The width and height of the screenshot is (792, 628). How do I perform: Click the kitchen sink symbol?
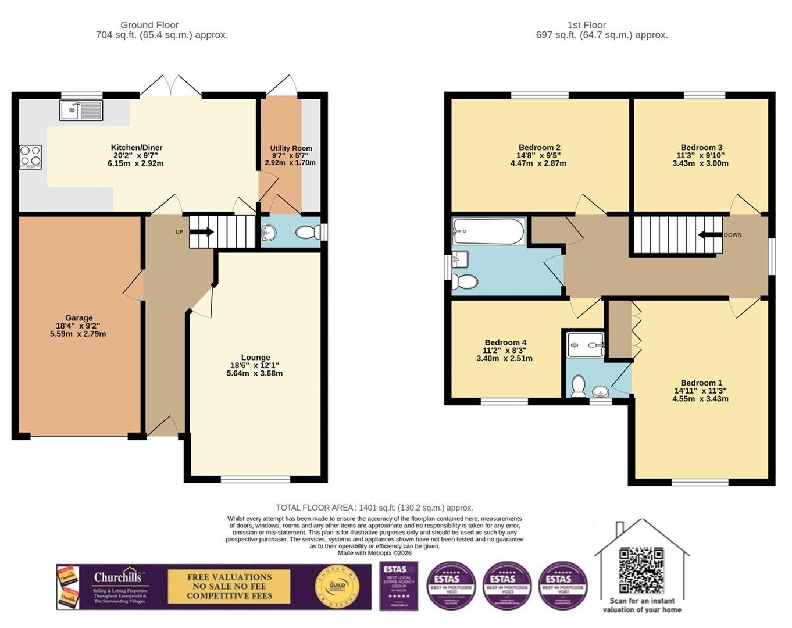(x=81, y=110)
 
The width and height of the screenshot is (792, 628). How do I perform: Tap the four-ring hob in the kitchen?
(x=30, y=156)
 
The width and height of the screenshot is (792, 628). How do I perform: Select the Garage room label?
(x=79, y=318)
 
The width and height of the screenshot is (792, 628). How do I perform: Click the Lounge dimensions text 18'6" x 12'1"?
(x=255, y=365)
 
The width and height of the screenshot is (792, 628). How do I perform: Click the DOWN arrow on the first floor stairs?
(x=710, y=235)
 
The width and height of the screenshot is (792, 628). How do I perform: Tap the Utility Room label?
(x=291, y=148)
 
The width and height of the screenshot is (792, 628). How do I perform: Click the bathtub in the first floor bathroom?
(x=488, y=231)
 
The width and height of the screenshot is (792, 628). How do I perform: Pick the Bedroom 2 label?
(x=539, y=148)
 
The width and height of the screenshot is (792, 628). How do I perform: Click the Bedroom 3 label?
(x=701, y=148)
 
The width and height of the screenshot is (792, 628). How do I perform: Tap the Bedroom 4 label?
(x=505, y=342)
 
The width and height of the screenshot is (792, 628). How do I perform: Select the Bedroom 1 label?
(x=701, y=383)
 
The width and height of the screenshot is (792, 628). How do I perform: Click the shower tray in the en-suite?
(x=586, y=345)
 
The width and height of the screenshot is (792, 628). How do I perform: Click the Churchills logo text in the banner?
(x=118, y=577)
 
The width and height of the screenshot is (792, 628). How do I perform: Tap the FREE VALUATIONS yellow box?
(x=229, y=586)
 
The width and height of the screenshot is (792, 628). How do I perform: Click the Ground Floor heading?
(x=149, y=25)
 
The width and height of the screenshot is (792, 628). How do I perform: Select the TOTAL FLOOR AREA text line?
(x=374, y=508)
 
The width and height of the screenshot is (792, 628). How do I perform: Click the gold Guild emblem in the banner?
(x=334, y=586)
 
